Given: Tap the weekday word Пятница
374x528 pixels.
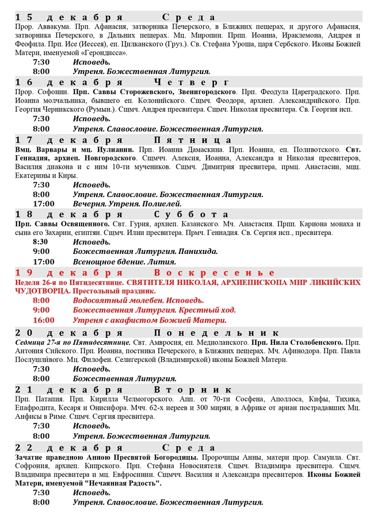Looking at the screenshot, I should coord(193,140).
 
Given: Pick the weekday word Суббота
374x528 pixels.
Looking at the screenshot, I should coord(192,214).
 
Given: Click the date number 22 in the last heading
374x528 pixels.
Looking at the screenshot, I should coord(24,448).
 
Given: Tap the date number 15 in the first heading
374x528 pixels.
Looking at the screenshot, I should coord(24,17).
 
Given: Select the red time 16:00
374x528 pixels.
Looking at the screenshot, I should coord(44,320).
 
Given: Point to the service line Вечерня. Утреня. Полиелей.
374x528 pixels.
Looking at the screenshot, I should coord(127,203).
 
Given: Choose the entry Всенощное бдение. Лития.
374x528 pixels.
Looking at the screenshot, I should coord(119,261).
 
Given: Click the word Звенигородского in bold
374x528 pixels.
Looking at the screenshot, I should coord(201,92).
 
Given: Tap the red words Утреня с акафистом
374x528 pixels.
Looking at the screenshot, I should coord(115,320).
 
